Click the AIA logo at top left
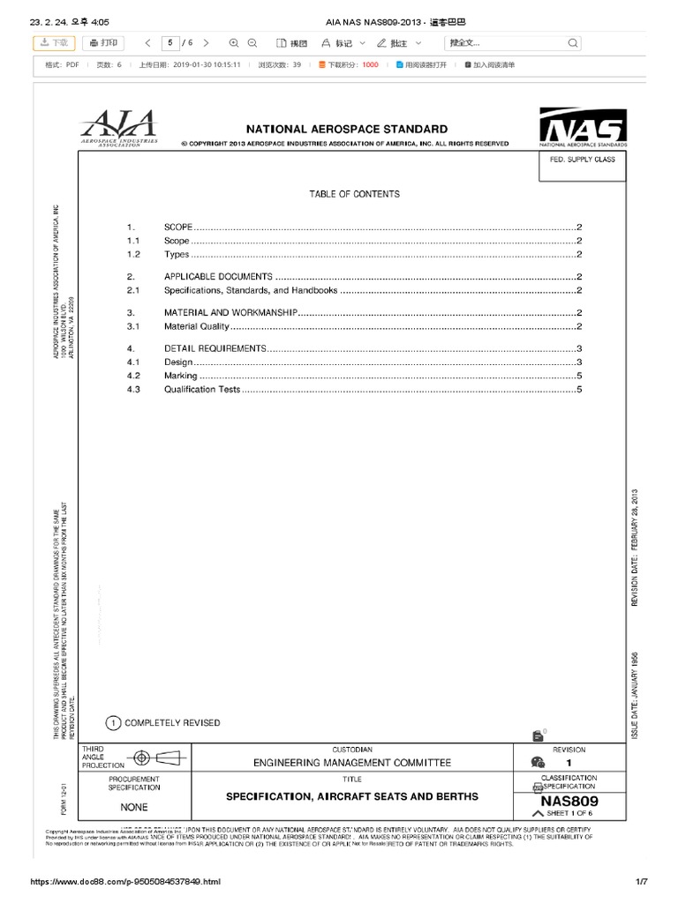[120, 128]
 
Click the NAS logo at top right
[583, 127]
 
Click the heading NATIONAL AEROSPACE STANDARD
[346, 129]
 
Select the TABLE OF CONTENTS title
[354, 194]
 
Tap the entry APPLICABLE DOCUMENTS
[218, 277]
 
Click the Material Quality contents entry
[197, 326]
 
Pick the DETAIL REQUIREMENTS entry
[215, 348]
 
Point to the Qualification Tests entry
[202, 389]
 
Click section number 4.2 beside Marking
[134, 376]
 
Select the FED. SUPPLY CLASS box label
[582, 160]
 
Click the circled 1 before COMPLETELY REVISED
[114, 723]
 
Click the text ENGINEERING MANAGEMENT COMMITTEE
[352, 763]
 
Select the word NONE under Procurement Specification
[134, 806]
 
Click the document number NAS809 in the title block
[569, 801]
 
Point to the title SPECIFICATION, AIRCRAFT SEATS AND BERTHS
[352, 796]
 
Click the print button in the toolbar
[104, 42]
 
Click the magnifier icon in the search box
[573, 42]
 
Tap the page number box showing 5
[168, 42]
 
